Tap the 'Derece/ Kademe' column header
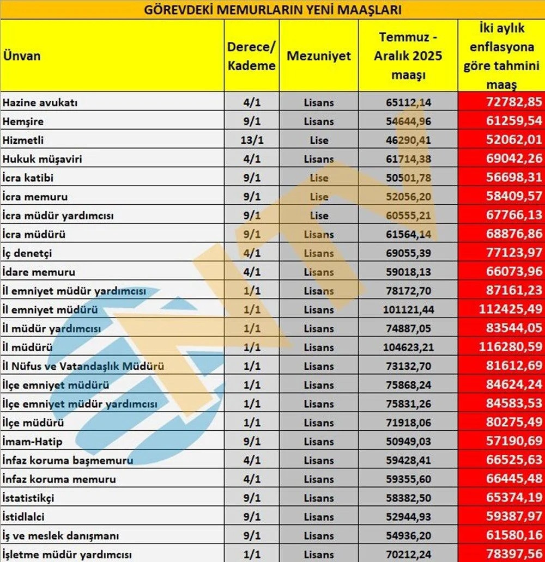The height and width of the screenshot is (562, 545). (x=251, y=56)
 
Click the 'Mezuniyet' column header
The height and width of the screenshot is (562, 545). (x=319, y=56)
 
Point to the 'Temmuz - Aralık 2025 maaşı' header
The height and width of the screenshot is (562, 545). (x=408, y=56)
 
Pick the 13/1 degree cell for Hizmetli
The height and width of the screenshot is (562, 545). (x=251, y=140)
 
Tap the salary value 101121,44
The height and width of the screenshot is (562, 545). (x=408, y=310)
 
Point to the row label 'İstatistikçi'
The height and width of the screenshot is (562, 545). (x=28, y=498)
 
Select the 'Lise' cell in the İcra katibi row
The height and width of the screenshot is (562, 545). (x=319, y=178)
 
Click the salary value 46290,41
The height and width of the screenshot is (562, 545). (x=408, y=140)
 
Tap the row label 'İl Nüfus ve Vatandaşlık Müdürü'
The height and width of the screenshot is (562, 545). (x=83, y=366)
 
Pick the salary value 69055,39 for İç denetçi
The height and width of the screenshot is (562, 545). (x=408, y=253)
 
